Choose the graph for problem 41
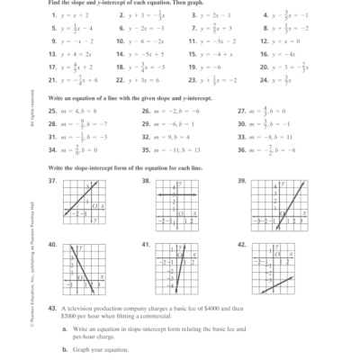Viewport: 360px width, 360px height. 176,269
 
